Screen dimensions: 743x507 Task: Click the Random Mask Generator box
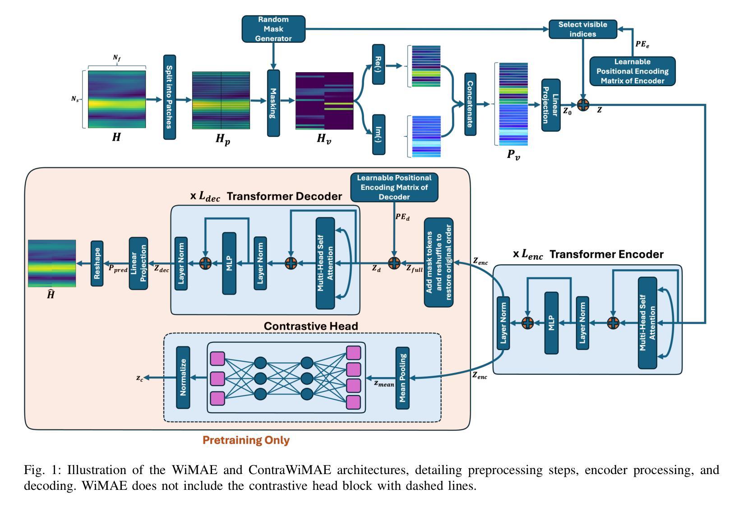[273, 29]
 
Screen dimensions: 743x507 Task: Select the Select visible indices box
[583, 29]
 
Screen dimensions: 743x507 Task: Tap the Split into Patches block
[170, 97]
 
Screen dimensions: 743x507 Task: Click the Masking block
[273, 103]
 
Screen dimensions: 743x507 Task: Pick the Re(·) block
[378, 65]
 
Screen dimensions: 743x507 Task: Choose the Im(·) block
[378, 134]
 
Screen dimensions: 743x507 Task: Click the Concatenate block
[471, 104]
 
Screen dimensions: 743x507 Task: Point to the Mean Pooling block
[402, 378]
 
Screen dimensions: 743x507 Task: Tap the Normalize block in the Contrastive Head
[183, 378]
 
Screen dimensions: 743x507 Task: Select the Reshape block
[97, 263]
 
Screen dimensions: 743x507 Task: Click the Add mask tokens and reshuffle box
[438, 262]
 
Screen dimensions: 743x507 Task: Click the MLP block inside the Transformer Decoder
[229, 263]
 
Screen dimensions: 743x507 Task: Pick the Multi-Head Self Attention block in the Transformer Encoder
[647, 323]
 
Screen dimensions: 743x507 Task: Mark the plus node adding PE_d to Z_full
[394, 263]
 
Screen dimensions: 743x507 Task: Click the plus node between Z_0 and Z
[583, 105]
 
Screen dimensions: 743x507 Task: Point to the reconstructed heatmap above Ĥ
[52, 263]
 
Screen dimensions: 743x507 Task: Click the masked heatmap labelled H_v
[324, 101]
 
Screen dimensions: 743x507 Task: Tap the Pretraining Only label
[246, 440]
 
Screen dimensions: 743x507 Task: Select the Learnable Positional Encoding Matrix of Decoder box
[394, 187]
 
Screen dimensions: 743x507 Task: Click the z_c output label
[140, 378]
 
